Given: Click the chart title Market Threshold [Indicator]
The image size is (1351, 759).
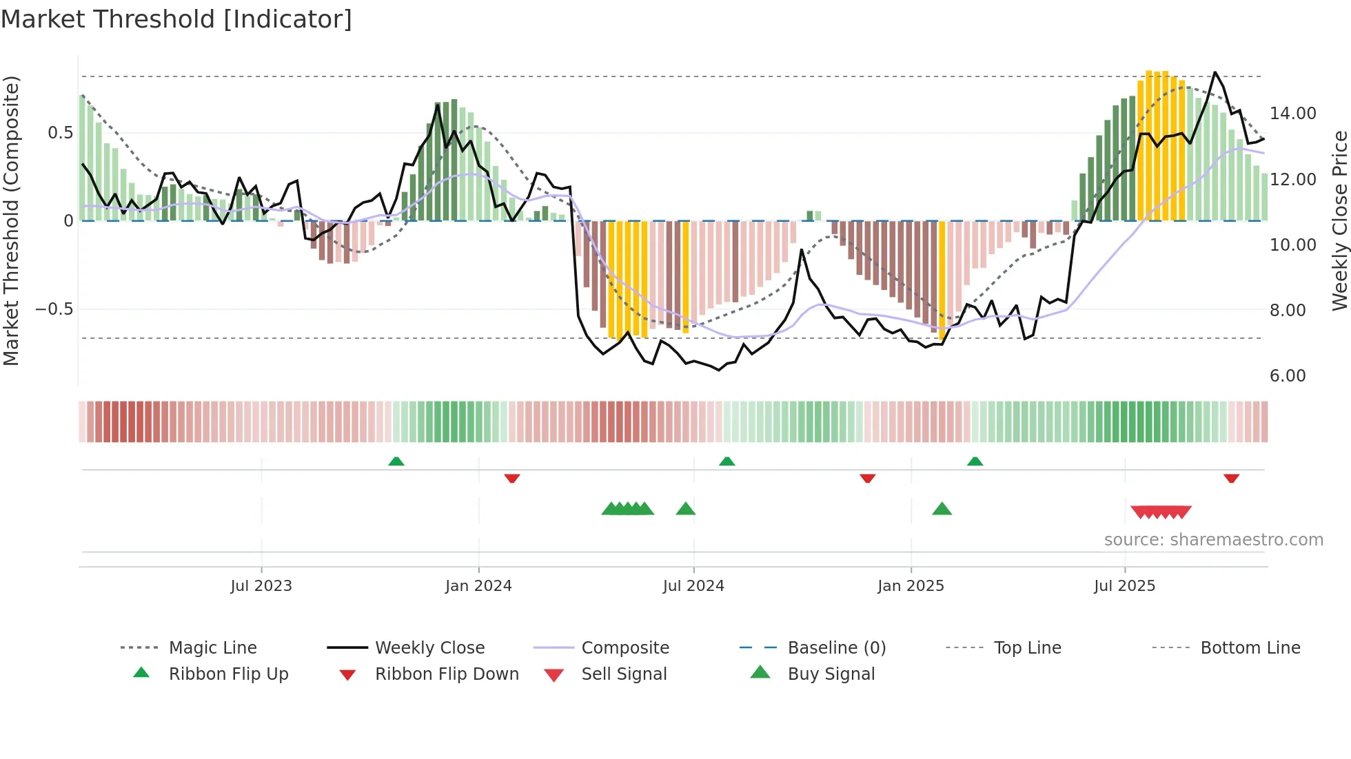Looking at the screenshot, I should click(176, 19).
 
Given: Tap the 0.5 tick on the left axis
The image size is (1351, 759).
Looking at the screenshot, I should click(60, 133).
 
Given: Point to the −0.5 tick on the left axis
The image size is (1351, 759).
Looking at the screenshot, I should click(54, 309).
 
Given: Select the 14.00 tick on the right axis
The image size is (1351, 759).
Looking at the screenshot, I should click(1292, 114).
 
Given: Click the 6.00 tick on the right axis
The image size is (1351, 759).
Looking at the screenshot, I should click(1287, 376).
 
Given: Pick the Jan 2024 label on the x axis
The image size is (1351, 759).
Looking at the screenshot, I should click(478, 586).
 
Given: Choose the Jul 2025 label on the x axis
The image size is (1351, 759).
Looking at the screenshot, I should click(1124, 586).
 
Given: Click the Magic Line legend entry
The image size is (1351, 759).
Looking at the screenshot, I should click(212, 648).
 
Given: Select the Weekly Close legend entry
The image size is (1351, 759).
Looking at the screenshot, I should click(429, 648).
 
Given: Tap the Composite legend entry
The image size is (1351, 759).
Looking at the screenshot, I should click(624, 648).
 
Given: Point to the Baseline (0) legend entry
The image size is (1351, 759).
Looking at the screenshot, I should click(836, 648).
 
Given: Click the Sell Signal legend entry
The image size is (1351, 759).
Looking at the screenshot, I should click(624, 674).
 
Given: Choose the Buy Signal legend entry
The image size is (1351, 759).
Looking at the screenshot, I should click(831, 674).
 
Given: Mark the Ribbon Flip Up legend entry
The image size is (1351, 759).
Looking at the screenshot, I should click(228, 674).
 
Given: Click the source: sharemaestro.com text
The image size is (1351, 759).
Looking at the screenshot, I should click(1213, 540).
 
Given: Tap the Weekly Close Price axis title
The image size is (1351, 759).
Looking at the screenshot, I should click(1339, 220).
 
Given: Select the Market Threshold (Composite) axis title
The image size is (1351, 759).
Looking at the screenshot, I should click(11, 220).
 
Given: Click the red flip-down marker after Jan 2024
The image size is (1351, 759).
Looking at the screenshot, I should click(511, 478).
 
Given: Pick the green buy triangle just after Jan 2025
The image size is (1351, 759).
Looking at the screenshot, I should click(942, 509).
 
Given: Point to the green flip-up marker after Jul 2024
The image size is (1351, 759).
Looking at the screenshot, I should click(727, 461).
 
